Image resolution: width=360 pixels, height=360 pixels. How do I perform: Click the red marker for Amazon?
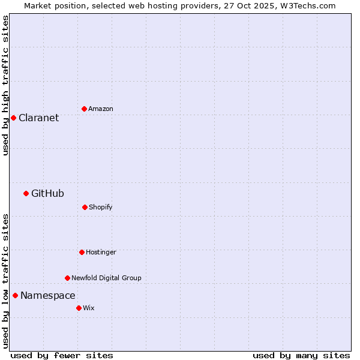[84, 109]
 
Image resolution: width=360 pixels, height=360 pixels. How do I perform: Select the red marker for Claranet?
[13, 118]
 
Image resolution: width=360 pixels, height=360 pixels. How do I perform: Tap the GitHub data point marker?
[26, 193]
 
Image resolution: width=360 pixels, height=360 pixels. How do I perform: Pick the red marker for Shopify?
[85, 207]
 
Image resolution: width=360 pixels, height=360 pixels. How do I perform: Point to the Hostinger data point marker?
[82, 252]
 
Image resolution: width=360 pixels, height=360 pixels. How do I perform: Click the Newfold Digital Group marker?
[67, 278]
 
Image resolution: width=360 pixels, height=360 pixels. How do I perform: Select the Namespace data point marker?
[15, 295]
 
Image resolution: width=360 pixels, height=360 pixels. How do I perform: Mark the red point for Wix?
[79, 308]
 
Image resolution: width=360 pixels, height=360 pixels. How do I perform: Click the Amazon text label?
[101, 109]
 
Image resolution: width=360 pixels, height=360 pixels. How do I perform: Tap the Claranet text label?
[39, 118]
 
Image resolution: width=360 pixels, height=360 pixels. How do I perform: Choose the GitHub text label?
[47, 193]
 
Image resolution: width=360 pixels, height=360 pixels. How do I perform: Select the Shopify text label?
[101, 207]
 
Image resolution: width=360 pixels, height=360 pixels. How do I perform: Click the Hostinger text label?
[101, 252]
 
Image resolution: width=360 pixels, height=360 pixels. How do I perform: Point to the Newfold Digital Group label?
[106, 278]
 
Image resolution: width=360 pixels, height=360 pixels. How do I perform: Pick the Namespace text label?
[48, 295]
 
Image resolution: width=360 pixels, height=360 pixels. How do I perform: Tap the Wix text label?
[89, 308]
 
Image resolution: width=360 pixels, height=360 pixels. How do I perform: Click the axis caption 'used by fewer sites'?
[62, 355]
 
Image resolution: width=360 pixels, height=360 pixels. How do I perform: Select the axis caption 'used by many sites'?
[301, 355]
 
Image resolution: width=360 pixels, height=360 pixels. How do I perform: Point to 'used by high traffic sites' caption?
[5, 85]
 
